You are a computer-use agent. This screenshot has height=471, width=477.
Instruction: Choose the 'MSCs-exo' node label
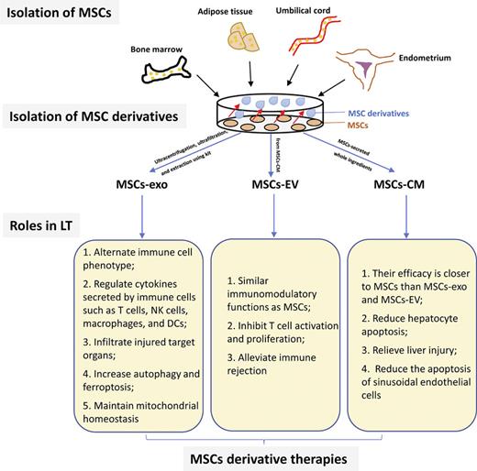(x=100, y=197)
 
